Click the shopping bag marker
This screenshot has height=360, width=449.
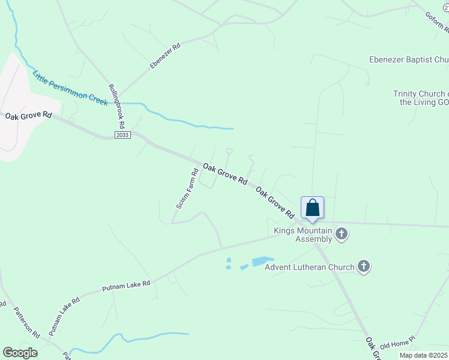click(312, 208)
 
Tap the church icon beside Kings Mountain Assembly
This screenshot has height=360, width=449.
click(342, 233)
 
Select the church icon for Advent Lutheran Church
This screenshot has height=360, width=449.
click(363, 266)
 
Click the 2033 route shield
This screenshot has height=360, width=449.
click(122, 135)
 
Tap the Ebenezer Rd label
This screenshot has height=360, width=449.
click(165, 55)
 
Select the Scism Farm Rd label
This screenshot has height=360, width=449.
click(187, 188)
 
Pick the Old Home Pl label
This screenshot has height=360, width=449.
click(397, 343)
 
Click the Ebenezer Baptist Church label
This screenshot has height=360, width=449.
click(408, 60)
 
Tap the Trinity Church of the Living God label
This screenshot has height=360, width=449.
click(421, 98)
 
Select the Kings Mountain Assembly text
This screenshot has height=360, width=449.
click(303, 235)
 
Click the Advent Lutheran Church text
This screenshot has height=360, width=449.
click(309, 267)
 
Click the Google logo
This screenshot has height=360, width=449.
click(20, 353)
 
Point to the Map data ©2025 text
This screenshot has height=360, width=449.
click(423, 355)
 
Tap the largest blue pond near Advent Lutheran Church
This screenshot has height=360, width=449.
click(262, 261)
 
